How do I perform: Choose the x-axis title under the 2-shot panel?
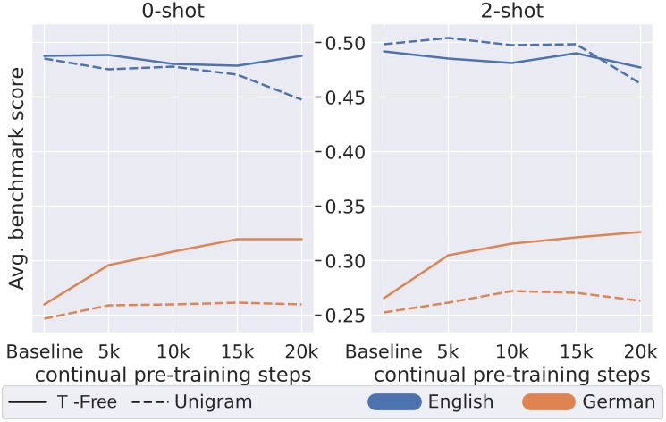tap(510, 371)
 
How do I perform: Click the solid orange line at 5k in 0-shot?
tap(108, 265)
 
